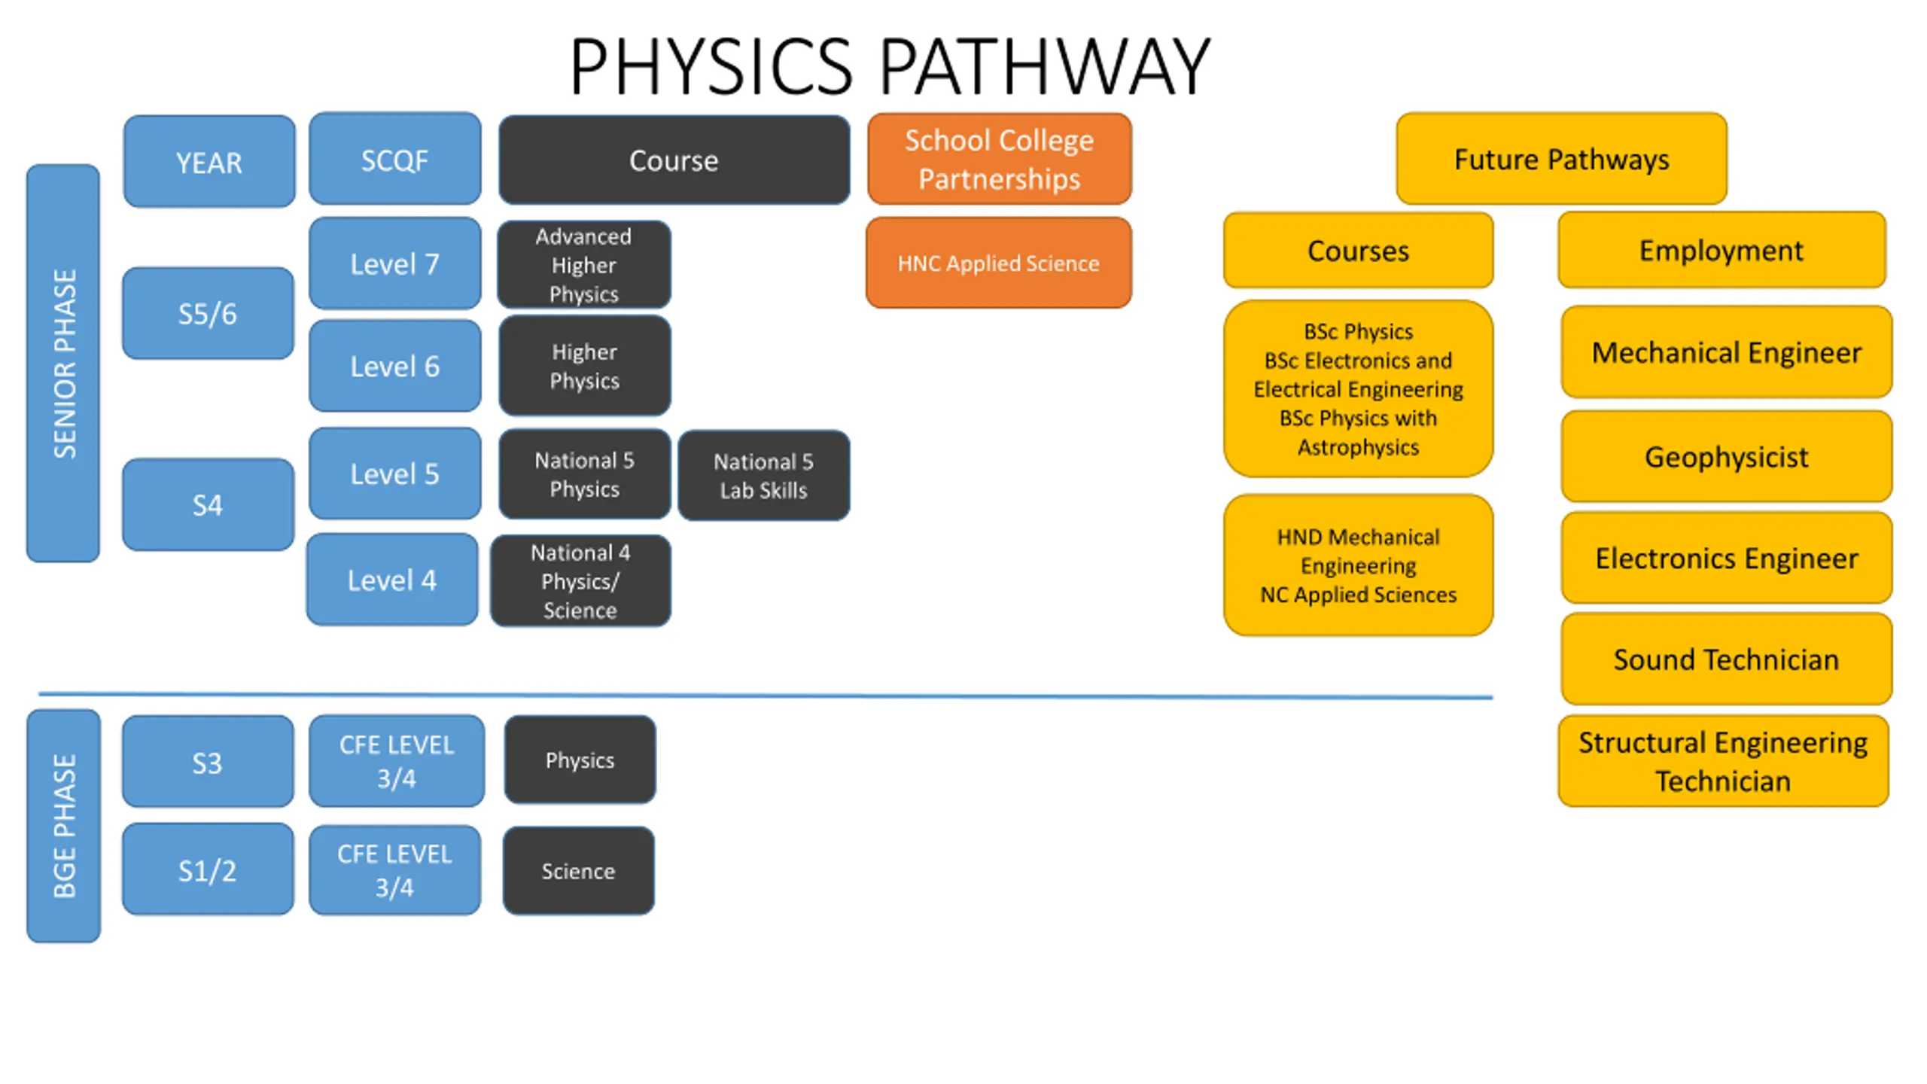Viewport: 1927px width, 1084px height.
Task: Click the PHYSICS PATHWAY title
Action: click(x=890, y=68)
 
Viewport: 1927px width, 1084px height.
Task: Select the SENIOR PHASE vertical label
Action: click(x=63, y=364)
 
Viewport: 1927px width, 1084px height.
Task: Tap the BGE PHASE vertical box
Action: click(x=63, y=826)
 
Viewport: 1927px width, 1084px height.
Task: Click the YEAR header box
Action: click(x=209, y=161)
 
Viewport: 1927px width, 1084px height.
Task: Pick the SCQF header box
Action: click(x=395, y=159)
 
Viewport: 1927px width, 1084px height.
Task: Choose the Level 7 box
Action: click(x=395, y=263)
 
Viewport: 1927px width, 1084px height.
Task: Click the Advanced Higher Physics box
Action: click(x=584, y=265)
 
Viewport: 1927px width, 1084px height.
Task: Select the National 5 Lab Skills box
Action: click(x=764, y=476)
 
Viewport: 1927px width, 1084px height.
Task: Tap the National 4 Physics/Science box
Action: click(x=580, y=581)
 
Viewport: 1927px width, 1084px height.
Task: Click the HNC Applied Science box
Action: click(x=999, y=263)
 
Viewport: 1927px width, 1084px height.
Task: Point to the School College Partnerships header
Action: click(x=1000, y=159)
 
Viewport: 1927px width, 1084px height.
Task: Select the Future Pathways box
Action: click(x=1562, y=159)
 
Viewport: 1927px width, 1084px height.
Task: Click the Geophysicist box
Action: click(x=1727, y=457)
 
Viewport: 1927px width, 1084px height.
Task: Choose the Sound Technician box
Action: click(x=1727, y=659)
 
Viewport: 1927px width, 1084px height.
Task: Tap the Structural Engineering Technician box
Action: click(x=1724, y=761)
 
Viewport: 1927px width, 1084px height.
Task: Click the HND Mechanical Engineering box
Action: click(x=1359, y=565)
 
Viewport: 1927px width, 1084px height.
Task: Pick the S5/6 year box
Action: click(x=208, y=313)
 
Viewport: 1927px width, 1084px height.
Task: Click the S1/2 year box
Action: click(x=208, y=869)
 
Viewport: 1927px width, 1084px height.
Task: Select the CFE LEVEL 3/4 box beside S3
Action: click(x=397, y=761)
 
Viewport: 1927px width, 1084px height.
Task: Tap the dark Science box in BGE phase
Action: click(x=578, y=871)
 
